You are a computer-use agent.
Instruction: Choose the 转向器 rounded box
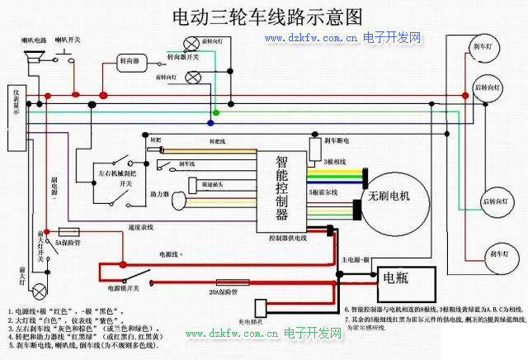(x=133, y=62)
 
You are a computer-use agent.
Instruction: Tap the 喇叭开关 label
(x=68, y=40)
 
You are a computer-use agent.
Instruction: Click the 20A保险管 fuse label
(x=223, y=292)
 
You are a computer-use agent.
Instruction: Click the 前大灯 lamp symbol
(x=23, y=274)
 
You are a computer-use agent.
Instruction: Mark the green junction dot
(x=216, y=112)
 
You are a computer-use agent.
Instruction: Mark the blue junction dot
(x=210, y=123)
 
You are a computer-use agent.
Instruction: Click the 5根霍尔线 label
(x=323, y=192)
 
